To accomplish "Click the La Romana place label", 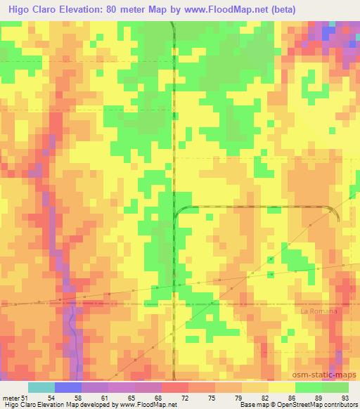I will tap(319, 311).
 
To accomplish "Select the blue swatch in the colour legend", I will tap(68, 387).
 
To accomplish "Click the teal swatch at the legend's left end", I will tap(41, 387).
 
